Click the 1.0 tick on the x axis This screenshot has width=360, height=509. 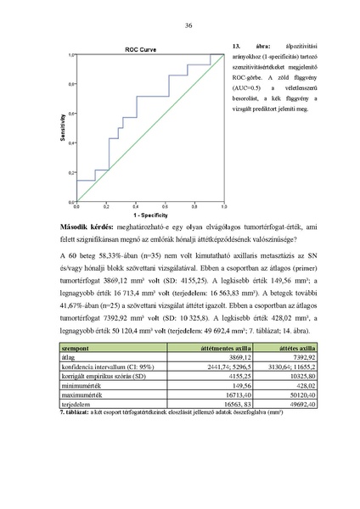[222, 207]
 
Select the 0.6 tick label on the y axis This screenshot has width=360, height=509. [71, 114]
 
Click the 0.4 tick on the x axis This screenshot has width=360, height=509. [136, 207]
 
